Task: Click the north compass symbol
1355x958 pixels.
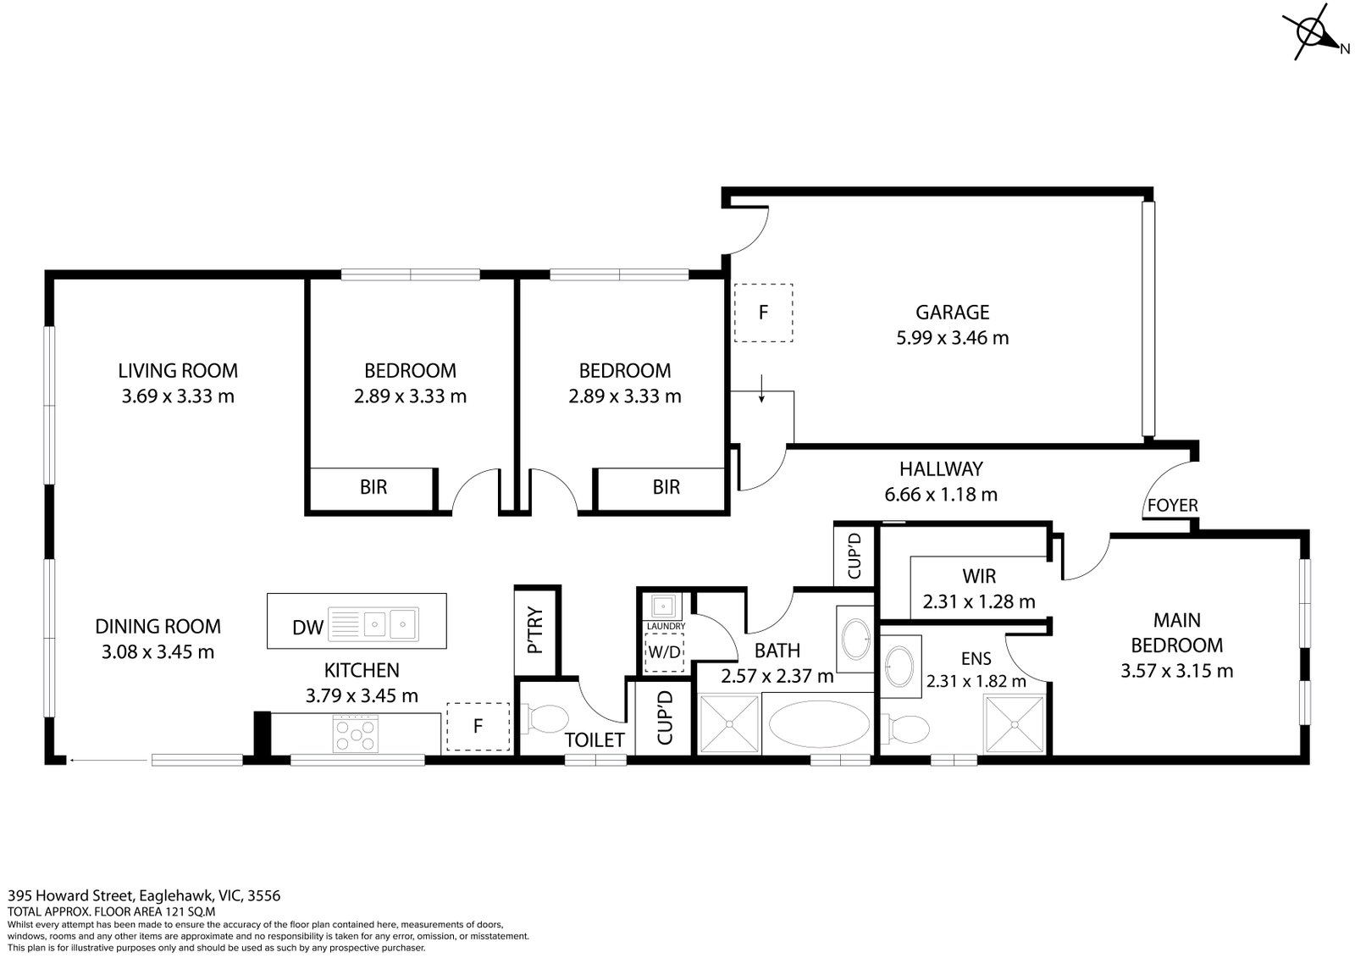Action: click(1314, 35)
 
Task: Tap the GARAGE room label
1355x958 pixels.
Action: click(952, 312)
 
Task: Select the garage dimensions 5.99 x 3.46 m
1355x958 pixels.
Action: click(952, 338)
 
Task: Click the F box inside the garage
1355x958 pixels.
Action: click(763, 313)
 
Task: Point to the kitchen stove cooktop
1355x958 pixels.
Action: click(355, 734)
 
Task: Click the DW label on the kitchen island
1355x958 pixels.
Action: click(307, 627)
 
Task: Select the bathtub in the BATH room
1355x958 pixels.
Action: click(817, 725)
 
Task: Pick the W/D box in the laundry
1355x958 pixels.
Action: click(663, 653)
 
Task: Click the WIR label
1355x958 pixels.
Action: click(979, 577)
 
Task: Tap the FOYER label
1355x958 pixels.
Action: click(1172, 506)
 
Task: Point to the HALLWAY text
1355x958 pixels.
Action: click(940, 468)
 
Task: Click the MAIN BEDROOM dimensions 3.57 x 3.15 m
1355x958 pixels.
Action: click(1176, 672)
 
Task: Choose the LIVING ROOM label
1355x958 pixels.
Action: click(178, 370)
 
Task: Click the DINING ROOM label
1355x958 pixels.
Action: click(158, 626)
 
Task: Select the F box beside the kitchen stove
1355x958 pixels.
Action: click(478, 727)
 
